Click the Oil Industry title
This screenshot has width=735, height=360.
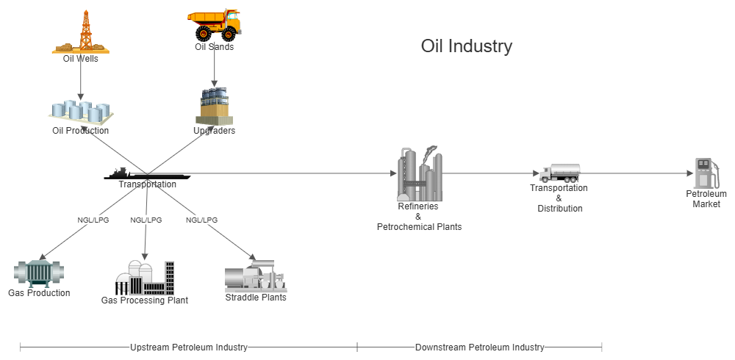pos(466,46)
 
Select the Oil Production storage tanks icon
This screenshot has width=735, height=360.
pos(80,112)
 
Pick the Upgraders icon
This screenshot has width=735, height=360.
pos(214,107)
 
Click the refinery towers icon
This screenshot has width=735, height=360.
pos(419,174)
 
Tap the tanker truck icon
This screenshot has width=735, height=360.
pos(559,173)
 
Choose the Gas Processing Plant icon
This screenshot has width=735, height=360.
pos(144,278)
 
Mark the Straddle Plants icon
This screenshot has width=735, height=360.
pos(255,276)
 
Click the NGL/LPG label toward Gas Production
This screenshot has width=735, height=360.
pos(93,220)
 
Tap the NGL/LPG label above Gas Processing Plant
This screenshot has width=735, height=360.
pos(146,220)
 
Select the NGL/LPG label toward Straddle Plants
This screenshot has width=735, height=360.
pos(201,220)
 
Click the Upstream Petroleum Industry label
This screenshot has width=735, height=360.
pos(188,347)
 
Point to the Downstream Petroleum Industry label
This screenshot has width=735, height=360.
pos(479,347)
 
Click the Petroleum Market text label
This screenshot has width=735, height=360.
pos(706,198)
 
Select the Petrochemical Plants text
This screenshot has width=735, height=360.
pos(419,227)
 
